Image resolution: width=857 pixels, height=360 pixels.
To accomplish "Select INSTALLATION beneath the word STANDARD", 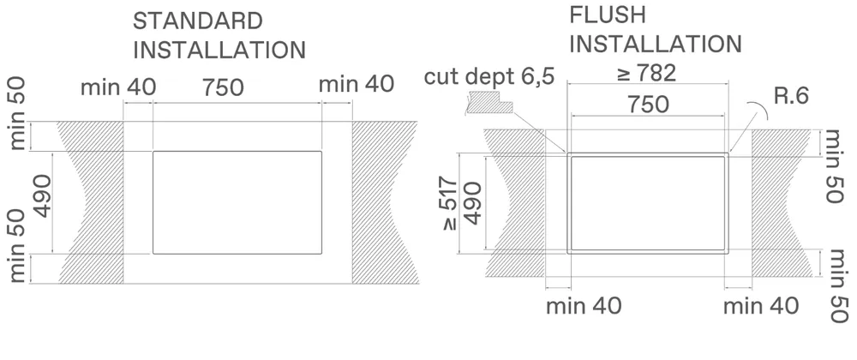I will click(x=219, y=49).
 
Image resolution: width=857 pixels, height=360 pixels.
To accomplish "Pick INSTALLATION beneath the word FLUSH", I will click(x=656, y=44).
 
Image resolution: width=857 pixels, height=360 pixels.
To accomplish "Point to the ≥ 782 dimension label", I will click(x=646, y=74).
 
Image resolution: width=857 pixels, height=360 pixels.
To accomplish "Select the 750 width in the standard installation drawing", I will click(x=223, y=87).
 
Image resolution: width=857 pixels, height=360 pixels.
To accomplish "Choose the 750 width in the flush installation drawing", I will click(x=648, y=105).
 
